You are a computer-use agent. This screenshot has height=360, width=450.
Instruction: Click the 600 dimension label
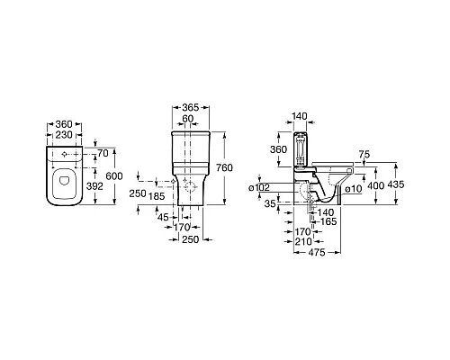pos(114,176)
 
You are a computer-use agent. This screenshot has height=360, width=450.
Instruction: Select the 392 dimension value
pos(94,186)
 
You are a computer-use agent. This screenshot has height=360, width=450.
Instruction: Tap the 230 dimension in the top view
pos(64,135)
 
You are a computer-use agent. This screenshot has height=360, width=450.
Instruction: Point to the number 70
pos(103,153)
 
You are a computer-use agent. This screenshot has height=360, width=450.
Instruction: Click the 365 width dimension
pos(191,107)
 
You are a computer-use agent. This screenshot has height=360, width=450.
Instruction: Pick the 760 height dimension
pos(224,167)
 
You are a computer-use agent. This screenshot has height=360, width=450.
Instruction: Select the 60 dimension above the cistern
pos(188,119)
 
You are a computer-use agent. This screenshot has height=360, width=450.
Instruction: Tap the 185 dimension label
pos(157,196)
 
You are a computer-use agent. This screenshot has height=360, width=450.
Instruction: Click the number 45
pos(163,217)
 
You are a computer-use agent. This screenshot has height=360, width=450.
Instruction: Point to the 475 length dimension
pos(317,253)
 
